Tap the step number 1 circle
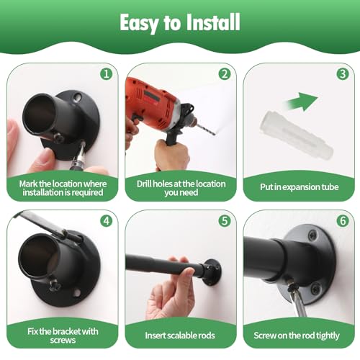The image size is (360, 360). click(107, 74)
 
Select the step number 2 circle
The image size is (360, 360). click(225, 74)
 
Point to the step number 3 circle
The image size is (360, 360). click(343, 74)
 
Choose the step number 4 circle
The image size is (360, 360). click(107, 221)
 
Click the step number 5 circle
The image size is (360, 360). click(225, 221)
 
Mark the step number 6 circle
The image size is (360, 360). click(343, 221)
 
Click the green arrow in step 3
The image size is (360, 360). click(302, 102)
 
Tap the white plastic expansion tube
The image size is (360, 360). click(297, 135)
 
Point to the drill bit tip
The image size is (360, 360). click(215, 134)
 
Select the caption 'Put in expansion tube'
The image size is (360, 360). click(300, 187)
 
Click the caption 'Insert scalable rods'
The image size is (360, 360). click(180, 336)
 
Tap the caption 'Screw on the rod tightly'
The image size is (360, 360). click(297, 336)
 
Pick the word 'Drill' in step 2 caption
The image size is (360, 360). click(144, 184)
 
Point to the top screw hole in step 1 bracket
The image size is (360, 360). click(77, 97)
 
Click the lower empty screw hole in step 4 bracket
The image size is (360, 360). click(77, 293)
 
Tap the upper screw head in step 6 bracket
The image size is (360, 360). click(312, 235)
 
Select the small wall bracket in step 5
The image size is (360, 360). click(212, 271)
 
